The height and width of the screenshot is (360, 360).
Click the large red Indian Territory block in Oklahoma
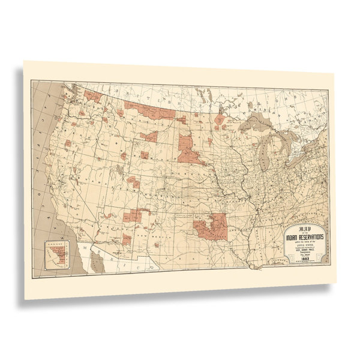212,226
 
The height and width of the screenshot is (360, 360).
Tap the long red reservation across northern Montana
148,112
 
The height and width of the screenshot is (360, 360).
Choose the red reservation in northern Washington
92,95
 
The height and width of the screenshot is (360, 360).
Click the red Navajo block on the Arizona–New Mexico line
134,215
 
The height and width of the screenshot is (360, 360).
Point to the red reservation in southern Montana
149,137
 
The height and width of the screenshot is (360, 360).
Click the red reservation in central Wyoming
144,155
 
